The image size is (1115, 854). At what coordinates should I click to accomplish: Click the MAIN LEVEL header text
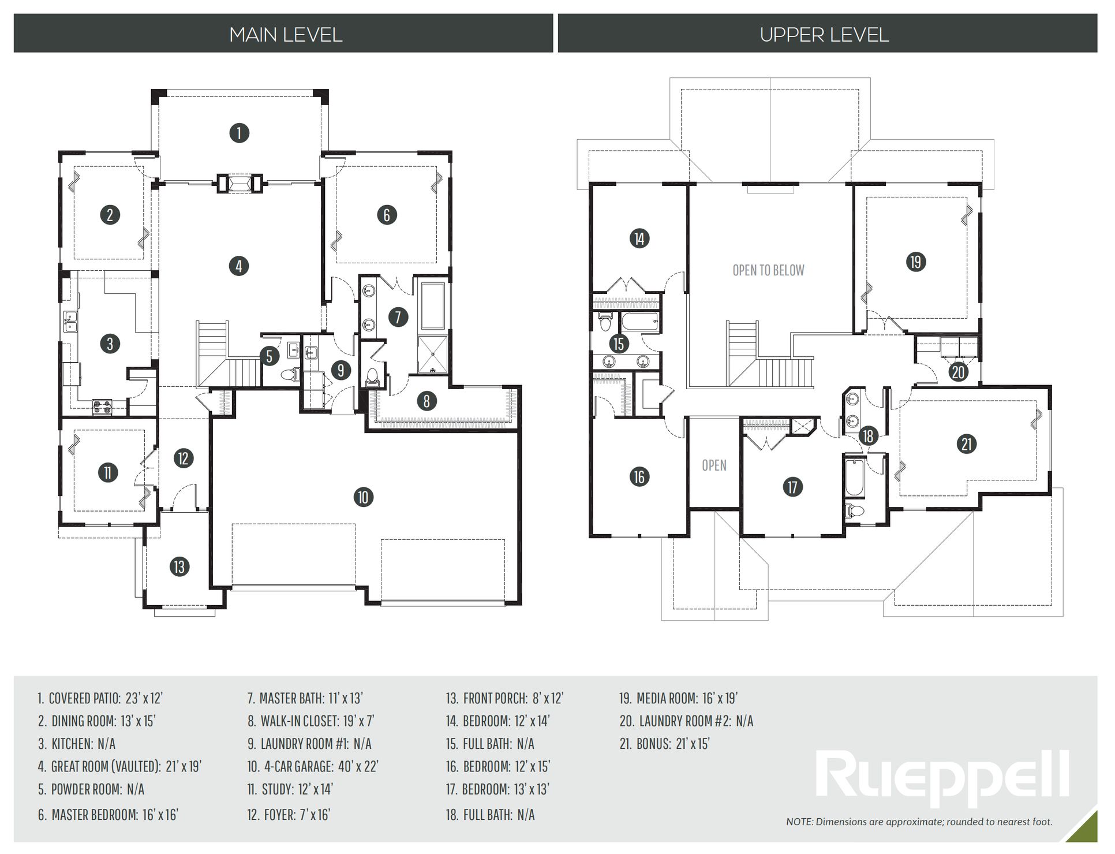(286, 35)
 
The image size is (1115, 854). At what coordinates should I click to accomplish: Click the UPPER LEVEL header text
(824, 35)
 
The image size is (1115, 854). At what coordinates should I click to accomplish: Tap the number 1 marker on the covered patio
(239, 133)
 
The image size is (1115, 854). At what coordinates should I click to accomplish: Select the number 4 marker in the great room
(238, 266)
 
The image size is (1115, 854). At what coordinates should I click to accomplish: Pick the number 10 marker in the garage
(363, 497)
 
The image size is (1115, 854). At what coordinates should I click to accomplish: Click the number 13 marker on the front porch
(179, 566)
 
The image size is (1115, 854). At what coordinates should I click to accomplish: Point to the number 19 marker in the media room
(916, 262)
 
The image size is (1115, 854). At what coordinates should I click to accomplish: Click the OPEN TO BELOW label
(768, 270)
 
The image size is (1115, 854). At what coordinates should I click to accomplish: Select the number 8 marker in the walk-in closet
(426, 401)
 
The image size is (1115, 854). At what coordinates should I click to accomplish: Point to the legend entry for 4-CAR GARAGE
(313, 766)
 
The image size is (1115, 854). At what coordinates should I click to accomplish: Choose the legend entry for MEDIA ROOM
(679, 698)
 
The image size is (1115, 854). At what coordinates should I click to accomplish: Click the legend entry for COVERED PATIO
(100, 698)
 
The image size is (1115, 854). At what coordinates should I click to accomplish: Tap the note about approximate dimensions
(919, 822)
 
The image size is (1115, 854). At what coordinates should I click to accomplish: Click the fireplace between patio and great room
(239, 184)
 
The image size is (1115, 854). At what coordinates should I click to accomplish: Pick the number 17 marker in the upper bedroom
(792, 487)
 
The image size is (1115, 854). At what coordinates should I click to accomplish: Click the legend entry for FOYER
(289, 815)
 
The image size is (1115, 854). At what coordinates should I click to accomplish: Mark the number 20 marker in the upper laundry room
(958, 372)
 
